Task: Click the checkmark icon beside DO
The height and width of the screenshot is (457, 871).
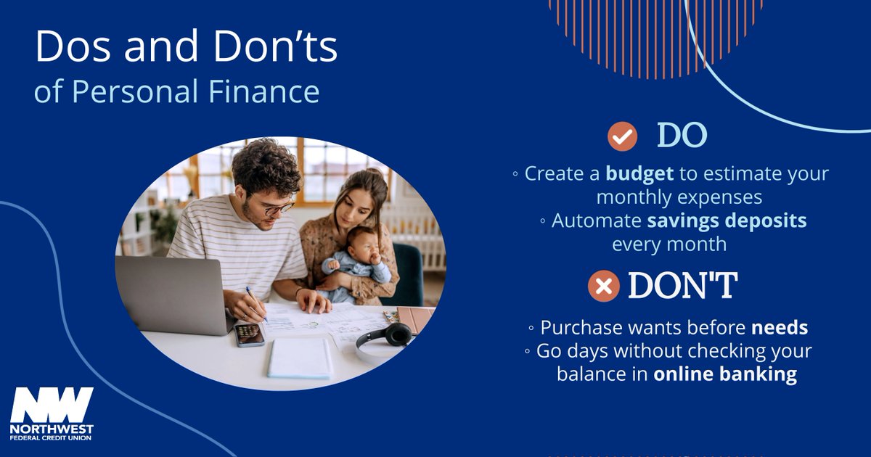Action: (x=622, y=136)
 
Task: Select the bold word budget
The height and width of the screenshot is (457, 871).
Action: (x=640, y=174)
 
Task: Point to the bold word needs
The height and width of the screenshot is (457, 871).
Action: (x=780, y=328)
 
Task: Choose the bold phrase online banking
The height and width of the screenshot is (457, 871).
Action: (x=725, y=374)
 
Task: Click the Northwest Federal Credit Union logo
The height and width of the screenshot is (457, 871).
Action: (x=52, y=413)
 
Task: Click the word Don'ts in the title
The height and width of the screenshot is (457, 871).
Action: (x=280, y=47)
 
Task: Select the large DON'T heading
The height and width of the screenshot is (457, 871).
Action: (x=682, y=286)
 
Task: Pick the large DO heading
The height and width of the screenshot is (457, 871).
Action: (x=682, y=136)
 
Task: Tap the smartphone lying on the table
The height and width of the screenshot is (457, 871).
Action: (x=249, y=334)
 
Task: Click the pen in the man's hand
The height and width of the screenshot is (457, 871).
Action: (x=255, y=301)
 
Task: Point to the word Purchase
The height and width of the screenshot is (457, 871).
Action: (x=581, y=328)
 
